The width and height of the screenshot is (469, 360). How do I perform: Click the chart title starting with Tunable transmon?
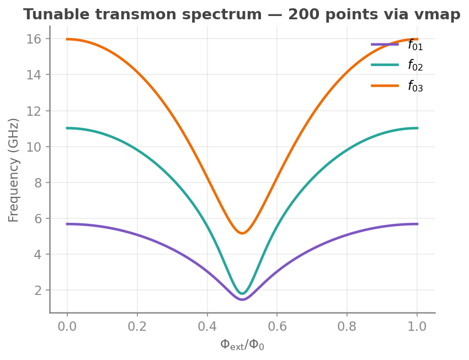(242, 15)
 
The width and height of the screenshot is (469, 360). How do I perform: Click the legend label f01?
(415, 45)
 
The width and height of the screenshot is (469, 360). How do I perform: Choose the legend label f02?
(415, 65)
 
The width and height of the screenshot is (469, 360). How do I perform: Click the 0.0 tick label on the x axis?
(67, 326)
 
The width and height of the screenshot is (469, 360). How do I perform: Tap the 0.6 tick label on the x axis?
(277, 326)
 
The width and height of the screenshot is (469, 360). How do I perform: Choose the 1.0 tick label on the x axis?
(417, 326)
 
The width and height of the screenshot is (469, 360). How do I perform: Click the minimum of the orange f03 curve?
(242, 233)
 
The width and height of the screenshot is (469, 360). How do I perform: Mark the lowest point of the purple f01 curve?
(242, 299)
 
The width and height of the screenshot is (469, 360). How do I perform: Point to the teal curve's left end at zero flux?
(67, 128)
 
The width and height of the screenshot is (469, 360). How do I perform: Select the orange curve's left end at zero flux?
(67, 39)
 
